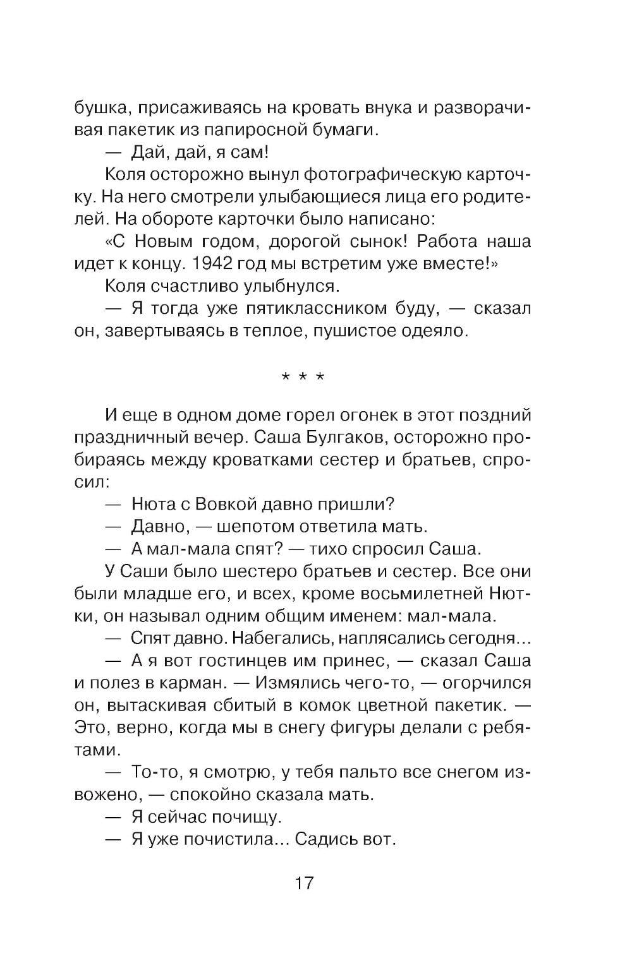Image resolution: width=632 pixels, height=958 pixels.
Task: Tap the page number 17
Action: coord(303,882)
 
